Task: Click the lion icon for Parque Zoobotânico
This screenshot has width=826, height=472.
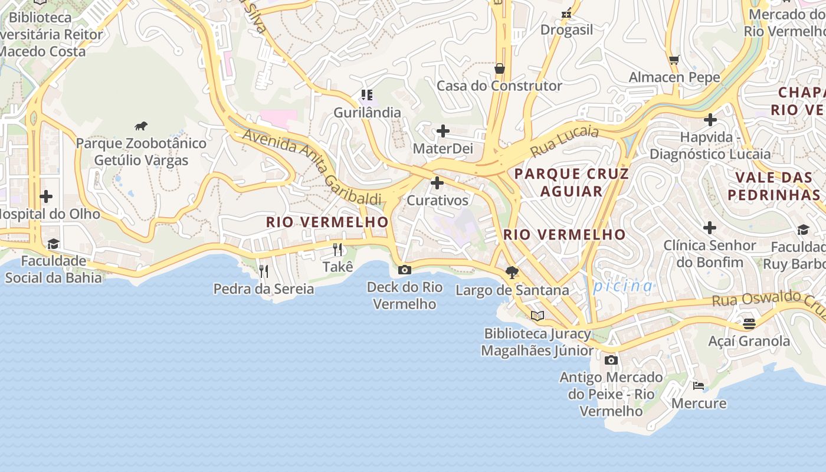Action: pyautogui.click(x=140, y=126)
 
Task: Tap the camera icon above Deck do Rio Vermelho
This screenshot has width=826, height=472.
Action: pyautogui.click(x=404, y=270)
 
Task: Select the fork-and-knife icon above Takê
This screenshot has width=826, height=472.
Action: pyautogui.click(x=337, y=250)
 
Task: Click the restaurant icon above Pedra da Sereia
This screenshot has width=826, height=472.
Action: pyautogui.click(x=264, y=271)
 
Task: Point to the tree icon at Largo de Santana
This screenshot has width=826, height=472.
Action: pyautogui.click(x=512, y=273)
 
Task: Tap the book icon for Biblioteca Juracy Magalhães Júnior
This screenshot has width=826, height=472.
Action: pyautogui.click(x=537, y=316)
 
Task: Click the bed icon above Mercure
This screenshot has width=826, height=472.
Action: pyautogui.click(x=699, y=386)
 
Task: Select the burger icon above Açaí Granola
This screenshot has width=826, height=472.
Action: pyautogui.click(x=749, y=324)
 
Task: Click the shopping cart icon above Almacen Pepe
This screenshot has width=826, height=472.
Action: pyautogui.click(x=674, y=60)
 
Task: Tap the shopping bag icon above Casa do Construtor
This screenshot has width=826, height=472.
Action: pyautogui.click(x=500, y=68)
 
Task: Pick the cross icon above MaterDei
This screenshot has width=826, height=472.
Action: pyautogui.click(x=442, y=131)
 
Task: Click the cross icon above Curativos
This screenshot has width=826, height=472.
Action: pyautogui.click(x=437, y=183)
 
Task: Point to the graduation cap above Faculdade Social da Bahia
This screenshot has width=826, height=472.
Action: pyautogui.click(x=53, y=244)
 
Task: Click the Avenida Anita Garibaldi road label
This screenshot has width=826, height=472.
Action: pyautogui.click(x=312, y=166)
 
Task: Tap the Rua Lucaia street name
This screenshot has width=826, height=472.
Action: pyautogui.click(x=564, y=141)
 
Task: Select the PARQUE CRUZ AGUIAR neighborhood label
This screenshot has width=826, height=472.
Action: pyautogui.click(x=572, y=182)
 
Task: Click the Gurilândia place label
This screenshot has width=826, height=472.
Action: pyautogui.click(x=367, y=112)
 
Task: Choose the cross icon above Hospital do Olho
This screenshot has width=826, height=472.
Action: pyautogui.click(x=46, y=196)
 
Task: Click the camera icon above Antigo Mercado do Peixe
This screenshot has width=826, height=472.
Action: pyautogui.click(x=611, y=360)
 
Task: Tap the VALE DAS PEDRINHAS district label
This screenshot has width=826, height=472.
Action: pyautogui.click(x=774, y=186)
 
